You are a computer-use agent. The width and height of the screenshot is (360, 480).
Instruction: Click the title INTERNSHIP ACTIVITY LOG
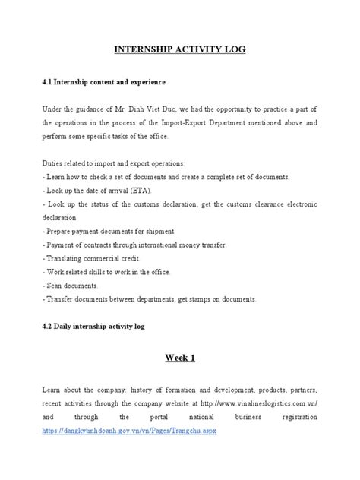pyautogui.click(x=180, y=50)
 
